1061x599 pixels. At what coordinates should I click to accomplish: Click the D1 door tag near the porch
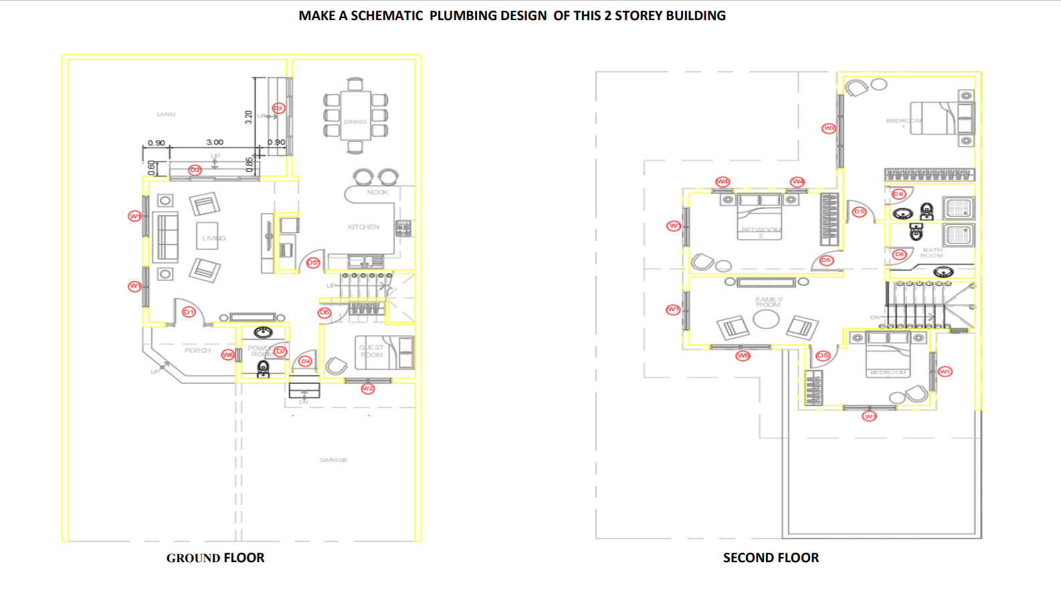coord(189,312)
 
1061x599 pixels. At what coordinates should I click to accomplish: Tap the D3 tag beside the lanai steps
coord(278,108)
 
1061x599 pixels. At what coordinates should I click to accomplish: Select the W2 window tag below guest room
coord(367,389)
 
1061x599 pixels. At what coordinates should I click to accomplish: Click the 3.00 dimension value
coord(215,143)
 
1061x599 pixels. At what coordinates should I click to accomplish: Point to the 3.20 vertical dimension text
coord(249,117)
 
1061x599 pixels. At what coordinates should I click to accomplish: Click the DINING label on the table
coord(355,122)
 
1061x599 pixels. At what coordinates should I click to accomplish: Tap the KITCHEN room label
coord(363,227)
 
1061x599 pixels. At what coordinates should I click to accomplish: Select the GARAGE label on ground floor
coord(333,460)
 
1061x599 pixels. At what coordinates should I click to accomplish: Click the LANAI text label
coord(166,114)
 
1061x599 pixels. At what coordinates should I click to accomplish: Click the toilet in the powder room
coord(264,368)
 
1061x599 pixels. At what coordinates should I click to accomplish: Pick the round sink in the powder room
coord(263,332)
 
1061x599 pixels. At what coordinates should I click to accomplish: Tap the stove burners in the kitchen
coord(403,228)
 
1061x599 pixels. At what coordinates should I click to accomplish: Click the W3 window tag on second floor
coord(829,128)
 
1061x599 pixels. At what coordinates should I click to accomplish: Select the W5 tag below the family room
coord(743,355)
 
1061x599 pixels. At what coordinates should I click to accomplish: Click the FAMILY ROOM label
coord(769,302)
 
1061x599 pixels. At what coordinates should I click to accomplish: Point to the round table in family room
coord(766,319)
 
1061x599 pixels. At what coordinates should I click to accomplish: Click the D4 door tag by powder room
coord(305,361)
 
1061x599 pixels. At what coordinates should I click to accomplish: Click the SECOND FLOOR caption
coord(771,558)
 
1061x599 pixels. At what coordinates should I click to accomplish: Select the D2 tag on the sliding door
coord(195,170)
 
